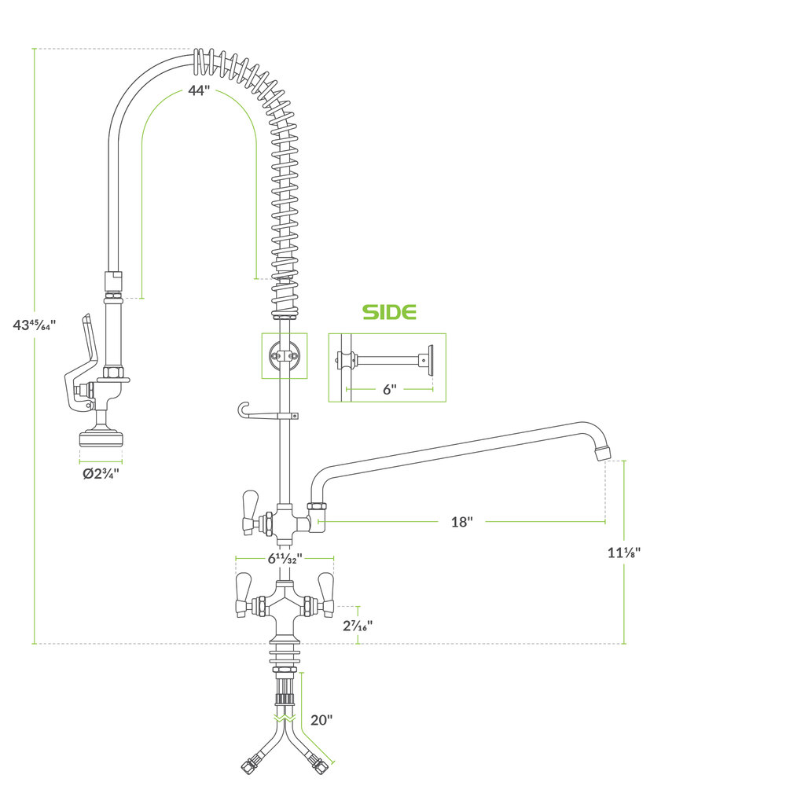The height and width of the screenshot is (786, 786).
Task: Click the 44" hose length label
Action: [x=199, y=90]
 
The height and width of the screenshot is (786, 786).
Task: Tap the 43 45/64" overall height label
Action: [x=34, y=325]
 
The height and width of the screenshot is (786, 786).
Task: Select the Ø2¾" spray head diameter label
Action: [x=101, y=473]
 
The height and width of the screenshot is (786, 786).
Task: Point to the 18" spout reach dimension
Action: [x=461, y=522]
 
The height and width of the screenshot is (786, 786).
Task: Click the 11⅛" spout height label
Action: [x=624, y=553]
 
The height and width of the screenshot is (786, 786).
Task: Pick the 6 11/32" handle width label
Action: [x=285, y=558]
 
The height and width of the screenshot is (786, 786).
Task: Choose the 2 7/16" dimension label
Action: [x=358, y=626]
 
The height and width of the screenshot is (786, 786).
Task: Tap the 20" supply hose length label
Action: [x=321, y=720]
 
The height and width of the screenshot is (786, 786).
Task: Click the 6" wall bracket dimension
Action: [x=390, y=390]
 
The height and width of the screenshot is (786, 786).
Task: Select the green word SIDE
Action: [x=390, y=312]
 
